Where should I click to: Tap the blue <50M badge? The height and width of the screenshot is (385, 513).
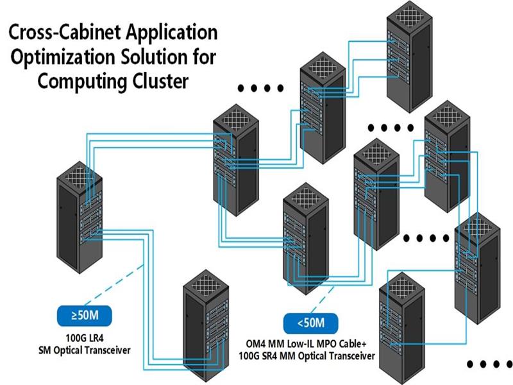point(312,322)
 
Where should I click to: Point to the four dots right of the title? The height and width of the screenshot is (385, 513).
point(260,89)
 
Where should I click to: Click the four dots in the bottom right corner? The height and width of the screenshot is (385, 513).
point(488,364)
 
